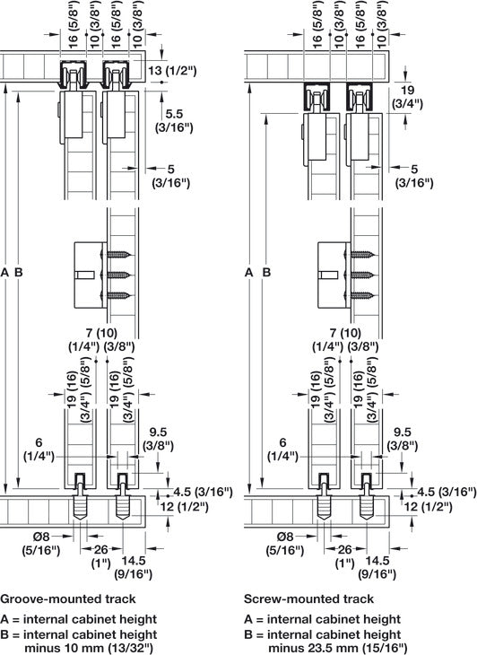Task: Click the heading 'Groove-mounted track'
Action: click(68, 598)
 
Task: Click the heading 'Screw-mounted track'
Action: click(308, 598)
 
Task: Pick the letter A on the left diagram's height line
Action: click(7, 271)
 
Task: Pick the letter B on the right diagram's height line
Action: click(264, 271)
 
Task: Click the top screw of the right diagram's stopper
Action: click(361, 255)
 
